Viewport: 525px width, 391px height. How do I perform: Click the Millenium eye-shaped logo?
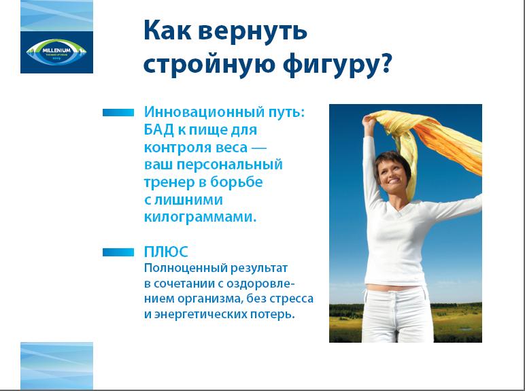56,52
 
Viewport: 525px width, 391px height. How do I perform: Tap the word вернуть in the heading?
253,31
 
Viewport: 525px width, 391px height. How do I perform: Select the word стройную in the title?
210,63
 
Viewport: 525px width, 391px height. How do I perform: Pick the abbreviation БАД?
158,130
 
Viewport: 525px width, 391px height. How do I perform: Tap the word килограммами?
200,217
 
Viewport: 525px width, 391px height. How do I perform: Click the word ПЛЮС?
166,252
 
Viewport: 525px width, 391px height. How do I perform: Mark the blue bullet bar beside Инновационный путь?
118,112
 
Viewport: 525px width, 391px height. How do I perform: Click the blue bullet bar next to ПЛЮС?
118,252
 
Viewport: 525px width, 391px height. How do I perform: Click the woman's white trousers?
397,315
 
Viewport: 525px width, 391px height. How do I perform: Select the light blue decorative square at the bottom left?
56,366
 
